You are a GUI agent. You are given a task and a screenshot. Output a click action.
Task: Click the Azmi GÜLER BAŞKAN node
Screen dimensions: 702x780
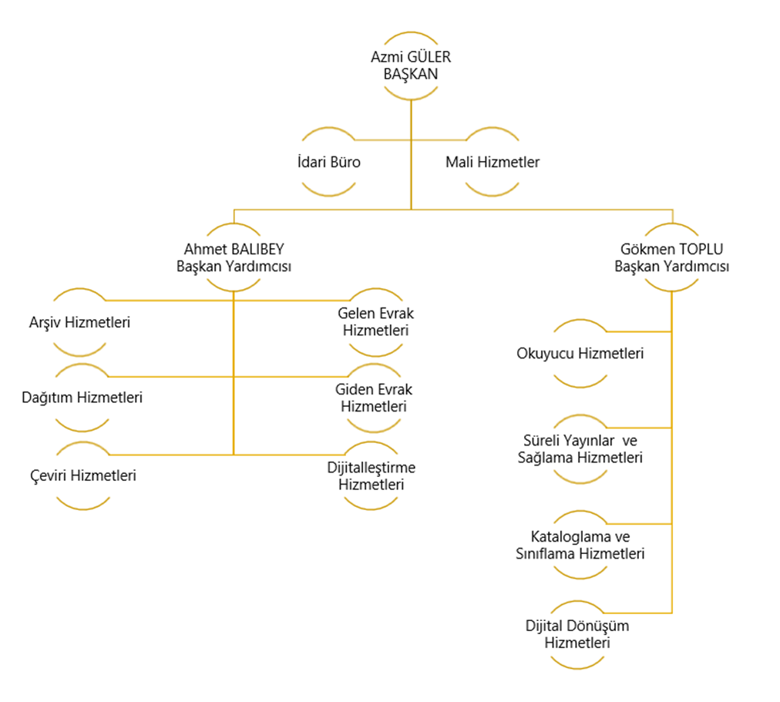click(x=411, y=66)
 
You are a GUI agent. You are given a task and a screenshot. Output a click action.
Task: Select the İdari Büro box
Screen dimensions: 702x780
click(x=330, y=163)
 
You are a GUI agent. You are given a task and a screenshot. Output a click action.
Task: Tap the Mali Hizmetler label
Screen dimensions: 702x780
click(x=493, y=163)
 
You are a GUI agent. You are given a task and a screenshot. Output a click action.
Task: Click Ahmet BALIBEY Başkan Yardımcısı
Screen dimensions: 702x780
click(x=233, y=258)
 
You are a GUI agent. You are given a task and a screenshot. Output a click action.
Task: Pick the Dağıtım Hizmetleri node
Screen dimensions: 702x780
click(x=81, y=398)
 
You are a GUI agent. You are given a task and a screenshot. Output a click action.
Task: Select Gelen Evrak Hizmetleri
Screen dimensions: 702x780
click(x=374, y=322)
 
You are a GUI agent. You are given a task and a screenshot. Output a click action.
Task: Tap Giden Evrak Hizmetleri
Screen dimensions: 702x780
click(x=374, y=398)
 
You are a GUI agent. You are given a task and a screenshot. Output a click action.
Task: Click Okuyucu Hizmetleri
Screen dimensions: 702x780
click(x=580, y=354)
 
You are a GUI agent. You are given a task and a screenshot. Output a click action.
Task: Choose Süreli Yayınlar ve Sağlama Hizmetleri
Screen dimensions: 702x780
click(x=580, y=449)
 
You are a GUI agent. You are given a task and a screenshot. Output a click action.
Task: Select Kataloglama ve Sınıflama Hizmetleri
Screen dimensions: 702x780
click(x=580, y=545)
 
